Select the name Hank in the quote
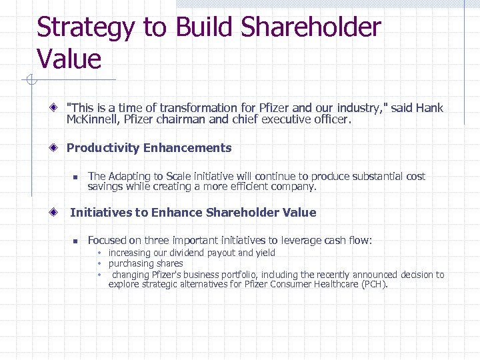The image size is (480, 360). [429, 108]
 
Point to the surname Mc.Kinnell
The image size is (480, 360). [93, 120]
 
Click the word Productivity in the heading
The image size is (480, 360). [103, 148]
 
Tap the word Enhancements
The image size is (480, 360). [187, 148]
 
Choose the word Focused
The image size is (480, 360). [107, 241]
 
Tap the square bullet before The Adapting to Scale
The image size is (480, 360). [75, 177]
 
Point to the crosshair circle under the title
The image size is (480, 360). [29, 81]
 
